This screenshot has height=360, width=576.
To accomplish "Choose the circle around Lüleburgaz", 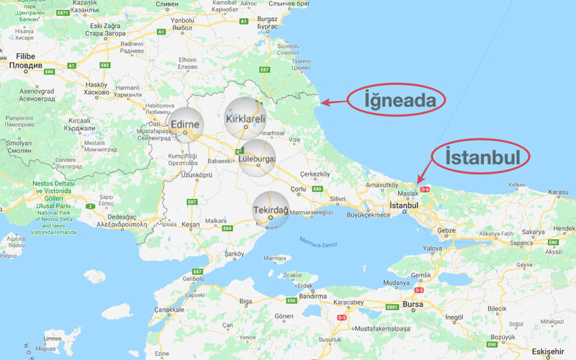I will [257, 158].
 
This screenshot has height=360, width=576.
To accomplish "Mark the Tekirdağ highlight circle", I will [271, 210].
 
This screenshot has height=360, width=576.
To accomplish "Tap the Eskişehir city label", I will [552, 351].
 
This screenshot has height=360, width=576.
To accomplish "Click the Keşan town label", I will [191, 225].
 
